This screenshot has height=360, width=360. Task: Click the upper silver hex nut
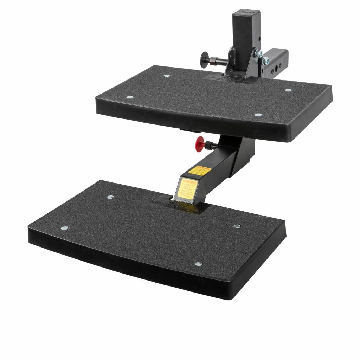coord(259,53)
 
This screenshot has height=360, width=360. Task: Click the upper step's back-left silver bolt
coord(167,75)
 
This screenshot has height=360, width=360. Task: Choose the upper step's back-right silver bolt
coord(288,90)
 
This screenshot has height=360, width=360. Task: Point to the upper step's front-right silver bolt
coord(258,115)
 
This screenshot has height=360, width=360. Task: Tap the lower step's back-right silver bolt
coord(237,226)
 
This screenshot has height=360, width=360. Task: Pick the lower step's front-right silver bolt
coord(198,264)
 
